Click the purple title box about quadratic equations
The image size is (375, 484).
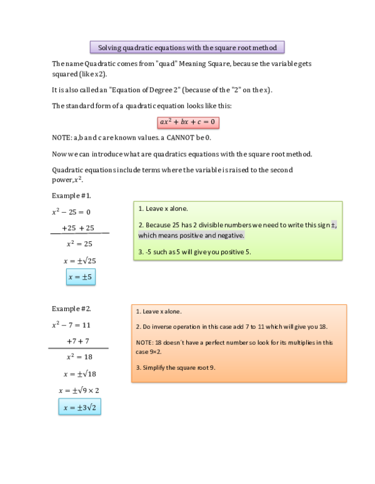[187, 47]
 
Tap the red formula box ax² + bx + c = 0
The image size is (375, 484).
[187, 122]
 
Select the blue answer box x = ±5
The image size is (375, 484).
[81, 276]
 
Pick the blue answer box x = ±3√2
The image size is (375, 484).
[80, 408]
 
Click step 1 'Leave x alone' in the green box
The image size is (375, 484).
[163, 209]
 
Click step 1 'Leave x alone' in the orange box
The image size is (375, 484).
[159, 311]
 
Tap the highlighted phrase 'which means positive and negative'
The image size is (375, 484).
[191, 236]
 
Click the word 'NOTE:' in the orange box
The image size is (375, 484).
[144, 342]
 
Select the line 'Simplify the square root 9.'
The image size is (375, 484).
[176, 367]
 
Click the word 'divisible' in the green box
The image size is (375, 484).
[208, 225]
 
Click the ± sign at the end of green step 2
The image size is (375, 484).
[333, 225]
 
